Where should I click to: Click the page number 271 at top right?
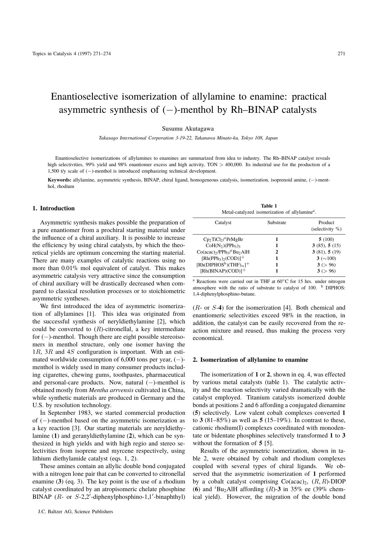pos(341,54)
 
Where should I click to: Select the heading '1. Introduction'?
pos(54,208)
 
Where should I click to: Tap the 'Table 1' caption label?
pos(269,206)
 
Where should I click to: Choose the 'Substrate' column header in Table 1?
pos(276,223)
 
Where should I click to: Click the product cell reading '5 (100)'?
pos(326,239)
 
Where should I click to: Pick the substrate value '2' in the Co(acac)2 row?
pos(277,252)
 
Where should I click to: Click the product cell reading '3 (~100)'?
pos(326,258)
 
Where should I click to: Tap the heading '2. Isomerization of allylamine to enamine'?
pos(250,360)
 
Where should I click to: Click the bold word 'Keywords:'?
pos(59,180)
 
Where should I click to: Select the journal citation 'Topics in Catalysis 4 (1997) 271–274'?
pos(71,54)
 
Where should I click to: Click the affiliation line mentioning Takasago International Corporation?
pos(188,138)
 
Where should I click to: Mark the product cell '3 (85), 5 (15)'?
pos(326,246)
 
